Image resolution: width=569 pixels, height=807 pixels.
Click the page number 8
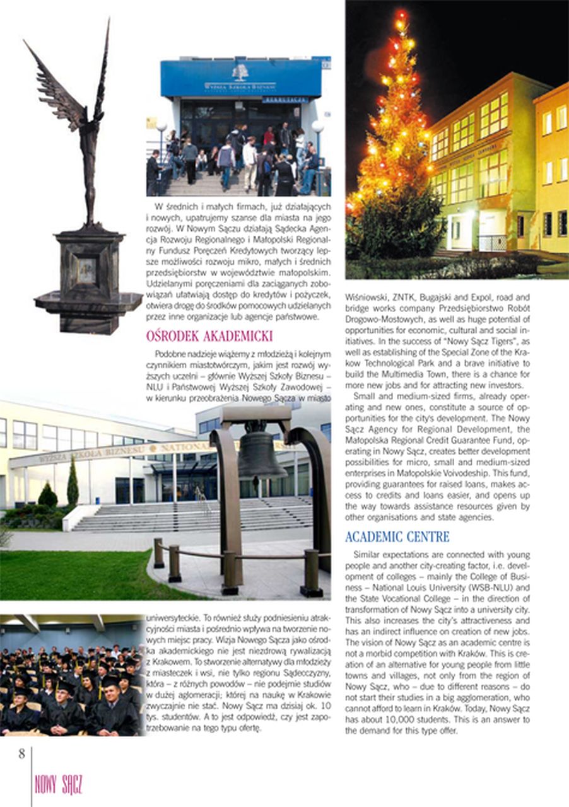(21, 753)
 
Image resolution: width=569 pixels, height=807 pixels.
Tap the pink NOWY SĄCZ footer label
(59, 786)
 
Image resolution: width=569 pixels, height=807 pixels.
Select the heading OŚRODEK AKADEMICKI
(209, 336)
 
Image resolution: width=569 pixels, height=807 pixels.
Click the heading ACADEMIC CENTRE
(397, 537)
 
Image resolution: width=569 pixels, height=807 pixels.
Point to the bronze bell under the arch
(261, 454)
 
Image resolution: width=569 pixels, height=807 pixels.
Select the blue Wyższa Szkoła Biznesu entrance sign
(240, 78)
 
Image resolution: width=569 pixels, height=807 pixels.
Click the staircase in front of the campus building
(189, 514)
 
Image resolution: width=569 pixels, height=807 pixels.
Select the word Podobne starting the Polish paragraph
(171, 353)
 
